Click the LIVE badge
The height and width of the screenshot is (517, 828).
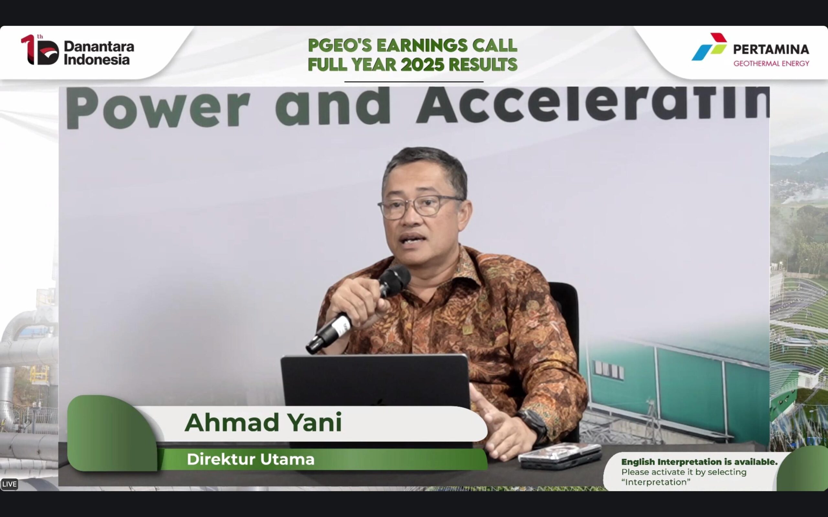click(9, 484)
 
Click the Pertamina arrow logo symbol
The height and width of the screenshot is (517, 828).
click(709, 47)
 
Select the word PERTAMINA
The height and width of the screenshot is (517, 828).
click(771, 49)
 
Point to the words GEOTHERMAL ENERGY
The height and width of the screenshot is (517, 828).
click(771, 64)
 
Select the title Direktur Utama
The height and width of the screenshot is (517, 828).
click(250, 459)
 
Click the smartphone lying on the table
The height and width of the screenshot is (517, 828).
click(560, 457)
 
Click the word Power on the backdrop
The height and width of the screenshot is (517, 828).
click(158, 108)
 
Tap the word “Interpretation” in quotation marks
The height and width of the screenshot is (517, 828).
click(656, 482)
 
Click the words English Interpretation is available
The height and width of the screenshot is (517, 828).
click(699, 462)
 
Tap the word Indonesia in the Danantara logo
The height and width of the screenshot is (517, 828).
click(97, 60)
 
